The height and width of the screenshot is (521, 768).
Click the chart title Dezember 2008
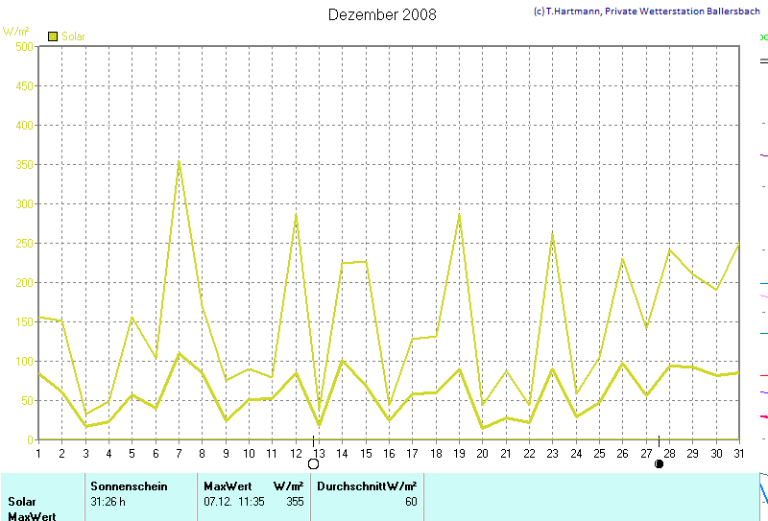[x=382, y=14]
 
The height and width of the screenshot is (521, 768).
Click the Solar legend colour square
[x=53, y=36]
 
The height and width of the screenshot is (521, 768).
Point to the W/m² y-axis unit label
[x=16, y=32]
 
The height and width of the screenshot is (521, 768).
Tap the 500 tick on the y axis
[x=24, y=46]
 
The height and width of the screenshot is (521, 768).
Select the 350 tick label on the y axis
[x=24, y=164]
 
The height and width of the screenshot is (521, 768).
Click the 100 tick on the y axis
[x=24, y=361]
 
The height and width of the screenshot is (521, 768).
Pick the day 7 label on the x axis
[x=179, y=453]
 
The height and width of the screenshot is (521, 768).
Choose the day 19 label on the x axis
[x=459, y=453]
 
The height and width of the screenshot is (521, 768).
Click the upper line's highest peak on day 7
[x=179, y=161]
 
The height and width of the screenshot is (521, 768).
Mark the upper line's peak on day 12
[x=296, y=214]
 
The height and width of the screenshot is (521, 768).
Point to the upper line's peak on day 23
[x=552, y=232]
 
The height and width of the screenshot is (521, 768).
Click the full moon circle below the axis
[x=313, y=464]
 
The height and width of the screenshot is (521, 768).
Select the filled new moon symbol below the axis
[x=659, y=464]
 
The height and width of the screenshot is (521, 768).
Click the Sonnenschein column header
[x=129, y=486]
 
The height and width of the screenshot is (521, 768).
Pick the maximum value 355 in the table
[x=296, y=502]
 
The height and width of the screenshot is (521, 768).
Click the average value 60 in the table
[x=411, y=502]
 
